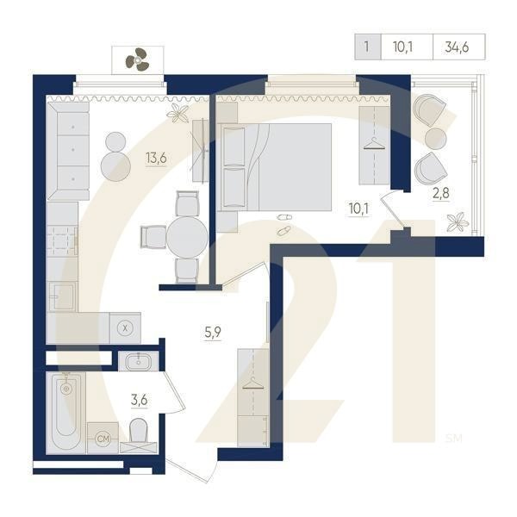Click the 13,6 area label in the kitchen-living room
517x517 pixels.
156,158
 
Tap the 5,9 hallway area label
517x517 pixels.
213,333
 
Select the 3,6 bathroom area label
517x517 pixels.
139,401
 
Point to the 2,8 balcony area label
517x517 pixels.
441,193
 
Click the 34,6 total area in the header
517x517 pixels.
457,47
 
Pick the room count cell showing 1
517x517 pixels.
367,47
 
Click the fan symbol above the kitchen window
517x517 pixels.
136,59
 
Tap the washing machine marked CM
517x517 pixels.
103,438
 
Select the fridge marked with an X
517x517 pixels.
125,328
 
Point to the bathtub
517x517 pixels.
66,413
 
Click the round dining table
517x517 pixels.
187,237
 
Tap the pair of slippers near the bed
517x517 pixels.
283,224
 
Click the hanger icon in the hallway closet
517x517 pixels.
253,383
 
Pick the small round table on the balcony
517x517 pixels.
435,139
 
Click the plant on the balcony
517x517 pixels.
458,222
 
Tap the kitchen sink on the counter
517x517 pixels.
62,296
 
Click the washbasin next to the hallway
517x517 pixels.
139,361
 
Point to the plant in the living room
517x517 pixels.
178,113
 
